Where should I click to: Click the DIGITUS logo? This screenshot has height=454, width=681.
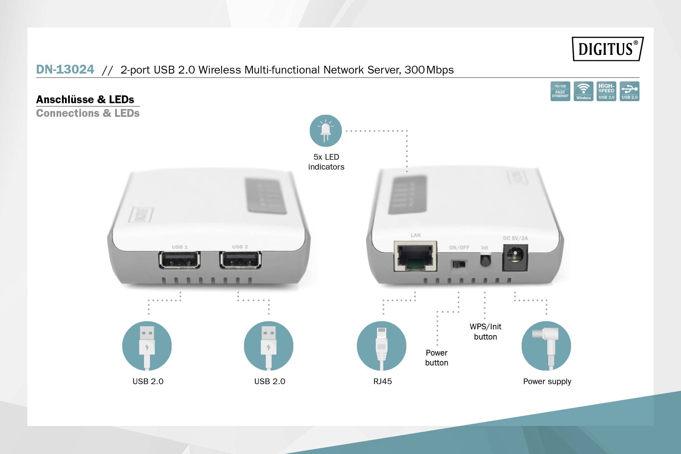[607, 49]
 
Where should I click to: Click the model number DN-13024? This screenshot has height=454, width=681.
[65, 69]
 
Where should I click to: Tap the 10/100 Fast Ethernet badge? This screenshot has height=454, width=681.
[560, 91]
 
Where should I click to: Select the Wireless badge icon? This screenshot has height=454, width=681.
[583, 91]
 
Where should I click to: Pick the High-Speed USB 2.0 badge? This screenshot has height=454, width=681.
[606, 91]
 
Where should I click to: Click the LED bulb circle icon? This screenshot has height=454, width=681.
[326, 131]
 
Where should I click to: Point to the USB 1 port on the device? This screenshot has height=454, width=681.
[179, 260]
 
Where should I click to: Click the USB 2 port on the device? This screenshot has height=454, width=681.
[240, 260]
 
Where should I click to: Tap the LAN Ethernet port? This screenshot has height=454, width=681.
[415, 256]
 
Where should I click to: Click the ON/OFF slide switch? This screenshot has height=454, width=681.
[459, 264]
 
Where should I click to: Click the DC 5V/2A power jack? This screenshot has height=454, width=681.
[515, 257]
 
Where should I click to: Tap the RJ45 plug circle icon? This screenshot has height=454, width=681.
[382, 346]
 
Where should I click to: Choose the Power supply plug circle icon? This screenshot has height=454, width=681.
[546, 346]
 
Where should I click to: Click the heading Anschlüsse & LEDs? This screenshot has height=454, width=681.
[85, 99]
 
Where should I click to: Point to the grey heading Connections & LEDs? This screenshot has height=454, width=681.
[88, 113]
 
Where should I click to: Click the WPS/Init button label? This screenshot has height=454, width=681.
[486, 331]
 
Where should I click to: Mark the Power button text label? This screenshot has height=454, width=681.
[437, 358]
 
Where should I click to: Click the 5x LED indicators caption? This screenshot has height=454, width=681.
[326, 162]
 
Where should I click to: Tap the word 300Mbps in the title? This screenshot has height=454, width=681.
[429, 70]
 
